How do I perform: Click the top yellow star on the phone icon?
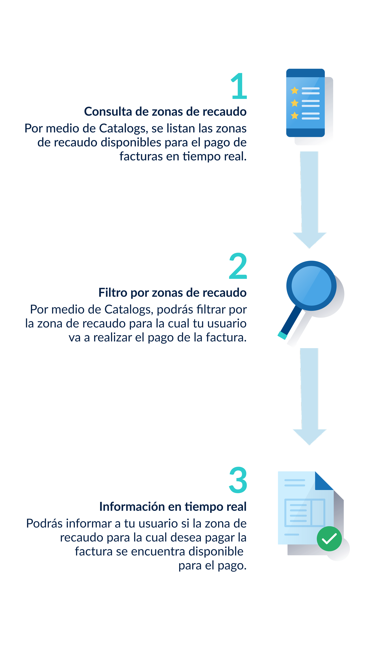[x=295, y=90]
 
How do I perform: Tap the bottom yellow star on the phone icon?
[x=295, y=115]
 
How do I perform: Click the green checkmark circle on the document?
[x=329, y=539]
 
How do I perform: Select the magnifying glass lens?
[x=311, y=286]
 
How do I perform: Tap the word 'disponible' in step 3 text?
[x=216, y=552]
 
